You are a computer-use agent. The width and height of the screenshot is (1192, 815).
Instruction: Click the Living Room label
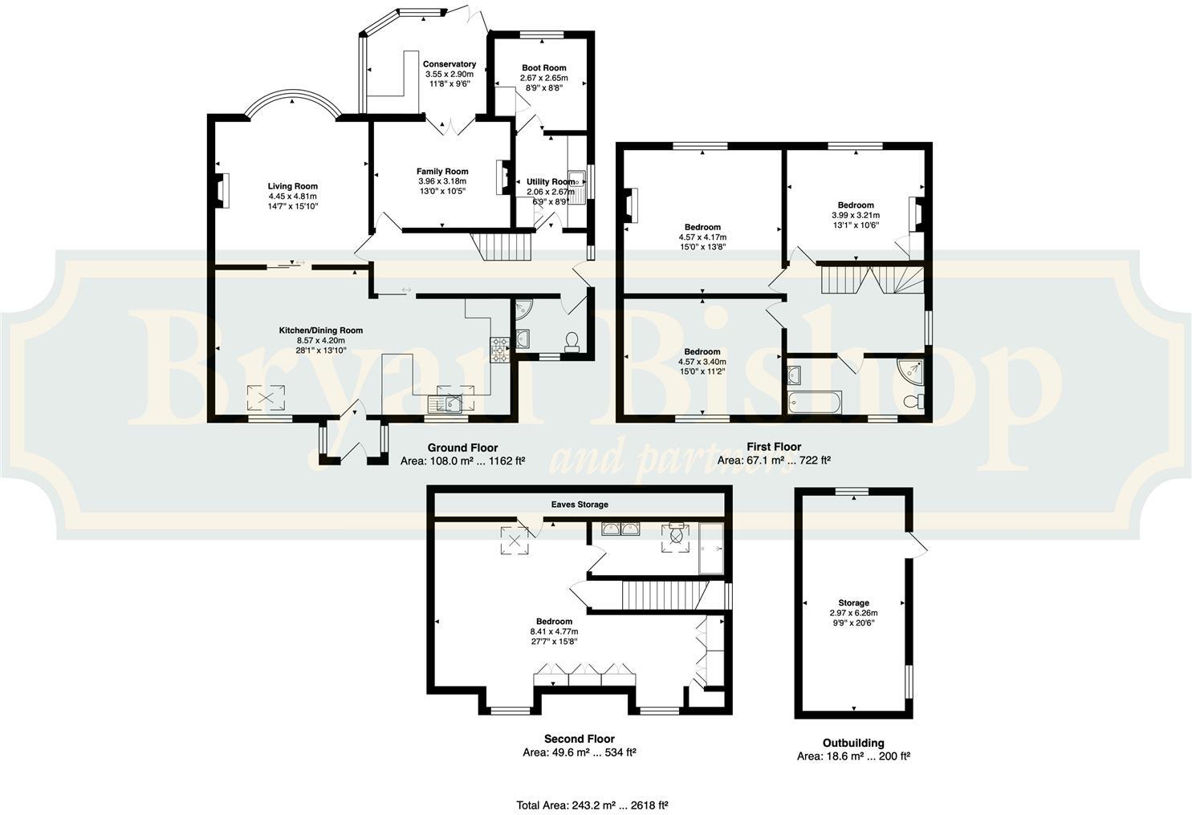coord(293,186)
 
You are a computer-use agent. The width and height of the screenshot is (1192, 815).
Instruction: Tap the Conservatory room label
coord(450,64)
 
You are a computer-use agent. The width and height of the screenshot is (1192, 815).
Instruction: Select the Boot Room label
coord(543,68)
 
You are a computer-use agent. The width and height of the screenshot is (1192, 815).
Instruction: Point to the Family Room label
coord(441,171)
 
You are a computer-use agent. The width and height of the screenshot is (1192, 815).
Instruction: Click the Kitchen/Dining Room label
coord(320,330)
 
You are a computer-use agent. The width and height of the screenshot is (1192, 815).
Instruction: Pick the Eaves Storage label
coord(579,505)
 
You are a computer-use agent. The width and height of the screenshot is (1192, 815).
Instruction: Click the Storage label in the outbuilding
coord(853,602)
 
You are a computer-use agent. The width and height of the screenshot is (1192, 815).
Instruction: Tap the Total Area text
coord(592,805)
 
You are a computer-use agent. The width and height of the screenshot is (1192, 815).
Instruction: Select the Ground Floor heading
coord(462,448)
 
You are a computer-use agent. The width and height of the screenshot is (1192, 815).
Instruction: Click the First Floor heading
coord(773,447)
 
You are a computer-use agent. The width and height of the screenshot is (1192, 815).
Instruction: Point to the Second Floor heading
coord(579,739)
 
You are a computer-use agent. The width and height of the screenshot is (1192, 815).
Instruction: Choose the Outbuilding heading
coord(853,743)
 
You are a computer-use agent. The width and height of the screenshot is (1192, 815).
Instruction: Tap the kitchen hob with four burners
coord(500,351)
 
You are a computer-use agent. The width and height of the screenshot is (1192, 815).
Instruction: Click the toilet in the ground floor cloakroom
coord(572,343)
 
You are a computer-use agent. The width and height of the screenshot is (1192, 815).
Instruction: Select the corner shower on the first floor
coord(910,370)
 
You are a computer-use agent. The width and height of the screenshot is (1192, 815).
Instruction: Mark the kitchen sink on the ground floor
coord(446,403)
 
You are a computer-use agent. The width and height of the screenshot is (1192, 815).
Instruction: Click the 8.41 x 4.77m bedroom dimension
coord(554,631)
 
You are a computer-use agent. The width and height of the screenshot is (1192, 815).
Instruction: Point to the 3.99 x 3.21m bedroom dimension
coord(855,215)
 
